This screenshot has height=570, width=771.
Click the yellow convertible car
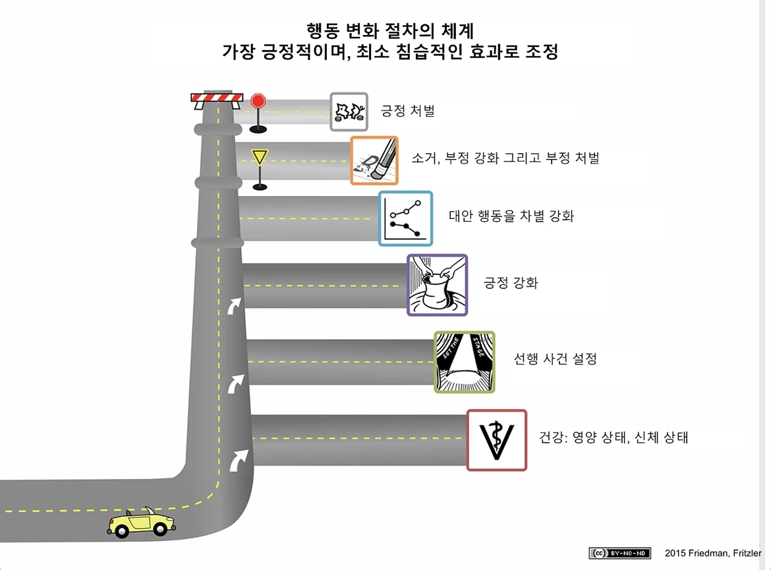click(141, 522)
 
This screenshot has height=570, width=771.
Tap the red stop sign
click(258, 102)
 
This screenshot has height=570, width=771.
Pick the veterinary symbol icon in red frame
click(497, 440)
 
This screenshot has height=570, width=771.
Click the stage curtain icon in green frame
click(465, 362)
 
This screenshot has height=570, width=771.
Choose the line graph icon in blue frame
click(405, 218)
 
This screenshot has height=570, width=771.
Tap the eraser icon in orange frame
click(374, 160)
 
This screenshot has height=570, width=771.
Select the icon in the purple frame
click(437, 284)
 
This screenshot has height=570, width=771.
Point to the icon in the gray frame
click(349, 111)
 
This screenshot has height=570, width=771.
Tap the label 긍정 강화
click(511, 284)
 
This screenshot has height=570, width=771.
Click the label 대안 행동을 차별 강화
click(511, 216)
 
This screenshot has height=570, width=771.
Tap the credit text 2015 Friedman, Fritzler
click(712, 553)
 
